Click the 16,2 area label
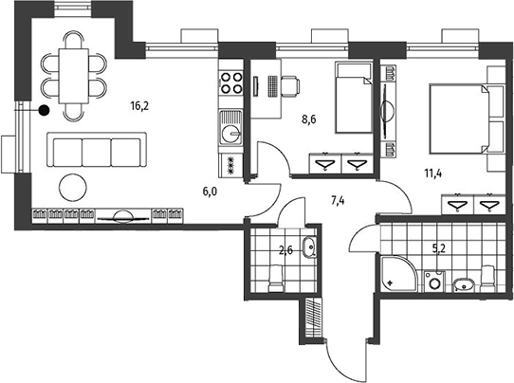coord(139,106)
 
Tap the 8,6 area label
coord(309,119)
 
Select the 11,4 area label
coord(433,173)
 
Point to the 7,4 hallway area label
coord(338,200)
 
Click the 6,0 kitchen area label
coord(210,191)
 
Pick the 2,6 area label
coord(285,251)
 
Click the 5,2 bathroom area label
coord(439,249)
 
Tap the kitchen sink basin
coord(231,134)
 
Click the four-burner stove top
coord(231,82)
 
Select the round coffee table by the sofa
coord(73,188)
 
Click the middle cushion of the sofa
coord(97,153)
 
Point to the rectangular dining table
coord(74,76)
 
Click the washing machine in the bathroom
coord(435,282)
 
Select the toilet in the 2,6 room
coord(276,279)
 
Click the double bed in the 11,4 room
coord(459,119)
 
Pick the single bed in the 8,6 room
coord(354,98)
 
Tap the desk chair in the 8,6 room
coord(290,86)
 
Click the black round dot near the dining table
coord(44,111)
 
